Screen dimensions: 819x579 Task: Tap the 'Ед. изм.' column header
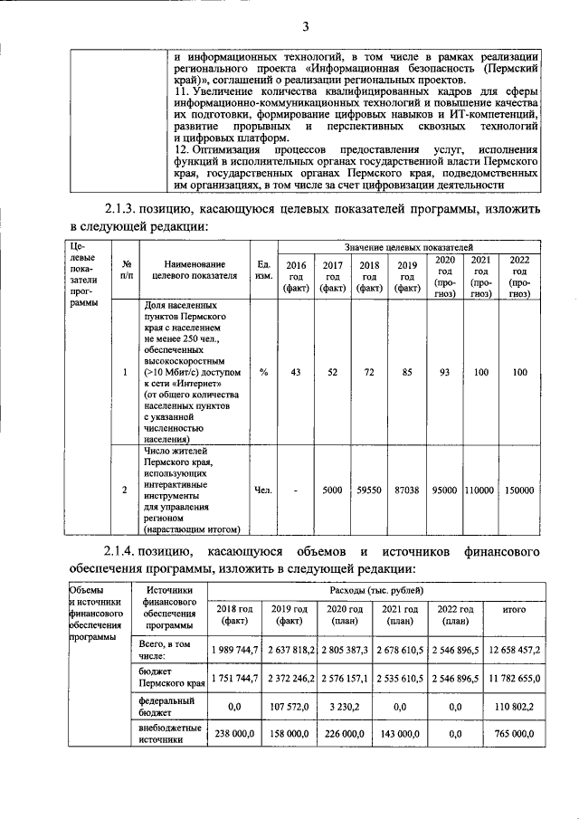pyautogui.click(x=263, y=271)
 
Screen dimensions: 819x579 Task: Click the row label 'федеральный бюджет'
pyautogui.click(x=166, y=706)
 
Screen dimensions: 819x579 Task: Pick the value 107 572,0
pyautogui.click(x=290, y=706)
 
